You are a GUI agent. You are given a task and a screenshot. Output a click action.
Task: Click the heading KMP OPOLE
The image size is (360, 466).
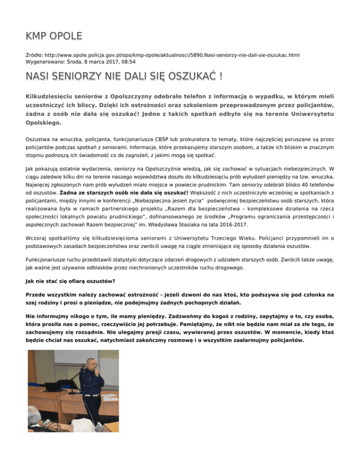point(53,36)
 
